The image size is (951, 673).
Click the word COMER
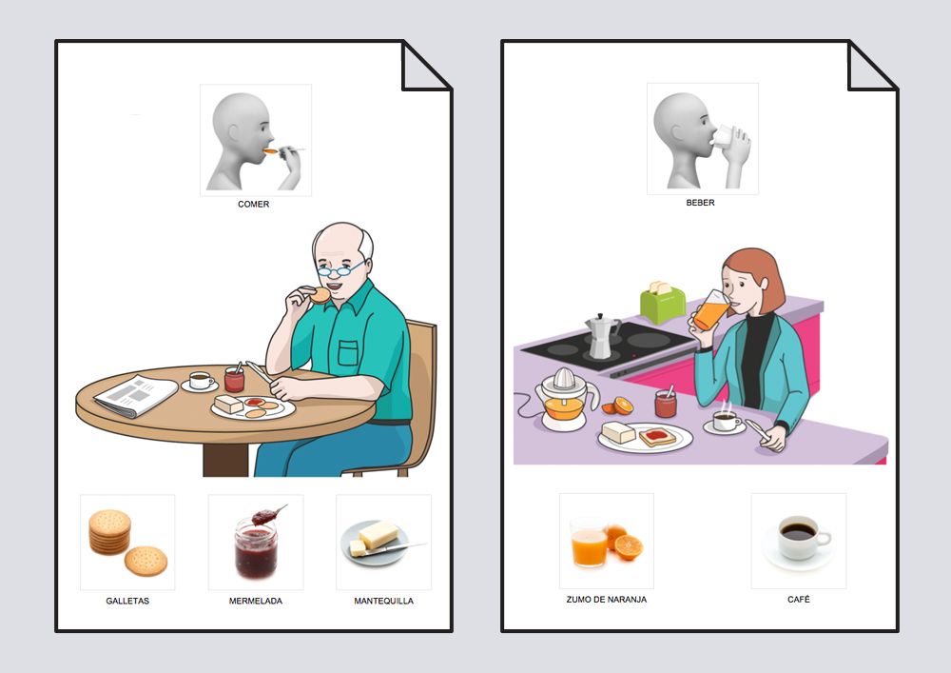(x=254, y=204)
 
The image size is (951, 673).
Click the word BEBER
(x=701, y=203)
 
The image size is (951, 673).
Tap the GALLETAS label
(x=127, y=601)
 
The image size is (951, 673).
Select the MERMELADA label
(x=255, y=601)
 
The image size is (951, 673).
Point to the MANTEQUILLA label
(x=384, y=601)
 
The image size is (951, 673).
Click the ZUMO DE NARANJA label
(x=607, y=599)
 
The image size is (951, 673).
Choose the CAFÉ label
(x=798, y=599)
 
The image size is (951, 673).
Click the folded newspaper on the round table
(x=136, y=396)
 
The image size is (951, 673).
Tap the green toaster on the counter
(x=663, y=302)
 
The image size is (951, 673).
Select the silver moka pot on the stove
(x=602, y=336)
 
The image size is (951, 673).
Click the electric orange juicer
(x=564, y=400)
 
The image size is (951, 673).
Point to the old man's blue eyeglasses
(x=340, y=267)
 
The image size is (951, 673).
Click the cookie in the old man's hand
(x=320, y=295)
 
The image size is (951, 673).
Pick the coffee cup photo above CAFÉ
(x=798, y=540)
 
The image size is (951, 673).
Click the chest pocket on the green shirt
(x=348, y=353)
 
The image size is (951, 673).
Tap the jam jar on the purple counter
(x=666, y=403)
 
